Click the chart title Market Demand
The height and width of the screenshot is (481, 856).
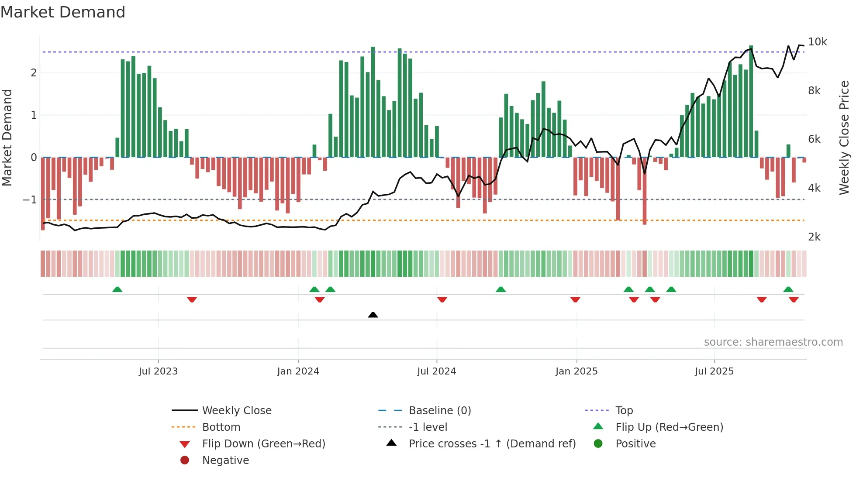[63, 12]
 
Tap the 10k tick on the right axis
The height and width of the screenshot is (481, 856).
[817, 42]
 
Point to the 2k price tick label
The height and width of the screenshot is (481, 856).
[814, 237]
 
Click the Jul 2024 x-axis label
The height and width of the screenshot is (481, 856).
[436, 371]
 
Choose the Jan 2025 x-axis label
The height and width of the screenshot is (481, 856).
[576, 371]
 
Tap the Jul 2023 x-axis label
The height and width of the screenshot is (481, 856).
[158, 371]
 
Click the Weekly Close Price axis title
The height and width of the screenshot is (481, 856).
[844, 137]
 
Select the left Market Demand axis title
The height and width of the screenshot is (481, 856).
[7, 137]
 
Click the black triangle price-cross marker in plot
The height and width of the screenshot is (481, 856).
[373, 315]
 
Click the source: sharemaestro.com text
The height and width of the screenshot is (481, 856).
[773, 342]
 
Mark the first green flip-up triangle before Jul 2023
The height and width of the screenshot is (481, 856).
[117, 289]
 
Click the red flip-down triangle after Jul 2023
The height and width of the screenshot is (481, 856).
[192, 299]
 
